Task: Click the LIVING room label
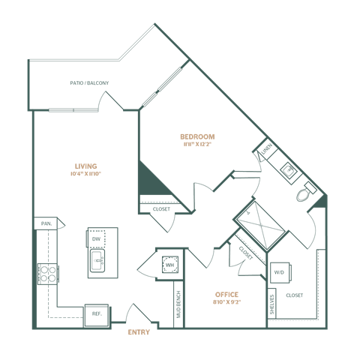(x=85, y=166)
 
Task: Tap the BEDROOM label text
(x=197, y=136)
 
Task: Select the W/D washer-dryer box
(x=279, y=271)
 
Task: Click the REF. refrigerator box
(x=97, y=313)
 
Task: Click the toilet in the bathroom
(x=303, y=194)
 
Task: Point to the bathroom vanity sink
(x=287, y=170)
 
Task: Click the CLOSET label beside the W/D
(x=295, y=295)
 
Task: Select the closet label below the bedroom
(x=160, y=209)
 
